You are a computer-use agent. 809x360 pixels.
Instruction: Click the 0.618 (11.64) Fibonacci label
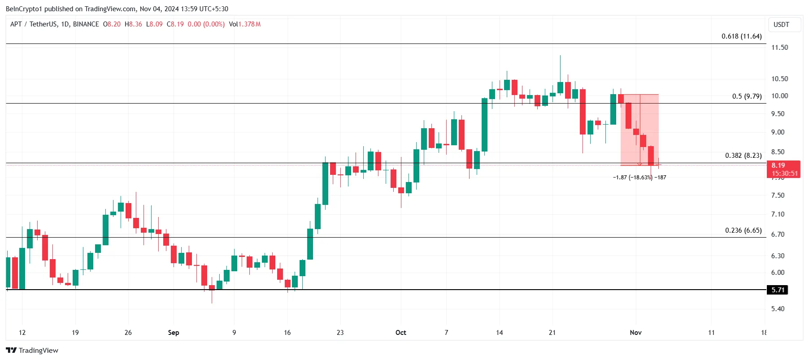tap(741, 36)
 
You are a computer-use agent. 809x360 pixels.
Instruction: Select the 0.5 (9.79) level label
tap(747, 96)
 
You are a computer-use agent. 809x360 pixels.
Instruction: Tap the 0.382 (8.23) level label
tap(743, 156)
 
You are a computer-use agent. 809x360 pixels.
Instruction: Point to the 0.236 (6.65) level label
tap(743, 230)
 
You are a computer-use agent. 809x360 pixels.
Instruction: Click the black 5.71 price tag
tap(778, 290)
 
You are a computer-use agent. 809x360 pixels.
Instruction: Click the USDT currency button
tap(781, 25)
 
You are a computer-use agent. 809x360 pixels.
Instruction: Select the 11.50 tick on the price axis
tap(779, 48)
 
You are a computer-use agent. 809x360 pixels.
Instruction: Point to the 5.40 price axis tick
tap(778, 309)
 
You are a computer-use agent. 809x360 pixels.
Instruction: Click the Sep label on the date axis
tap(174, 333)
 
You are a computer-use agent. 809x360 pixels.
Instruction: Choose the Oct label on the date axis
tap(400, 333)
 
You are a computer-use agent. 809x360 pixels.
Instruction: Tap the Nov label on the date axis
tap(635, 333)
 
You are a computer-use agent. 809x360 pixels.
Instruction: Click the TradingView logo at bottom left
tap(32, 351)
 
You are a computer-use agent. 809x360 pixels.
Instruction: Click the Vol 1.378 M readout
tap(244, 24)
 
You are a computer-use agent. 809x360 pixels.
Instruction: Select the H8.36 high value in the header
tap(133, 24)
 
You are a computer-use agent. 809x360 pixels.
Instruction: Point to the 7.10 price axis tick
tap(778, 214)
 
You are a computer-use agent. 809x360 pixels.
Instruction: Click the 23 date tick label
tap(340, 333)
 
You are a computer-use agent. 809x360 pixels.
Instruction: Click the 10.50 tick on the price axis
tap(779, 79)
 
